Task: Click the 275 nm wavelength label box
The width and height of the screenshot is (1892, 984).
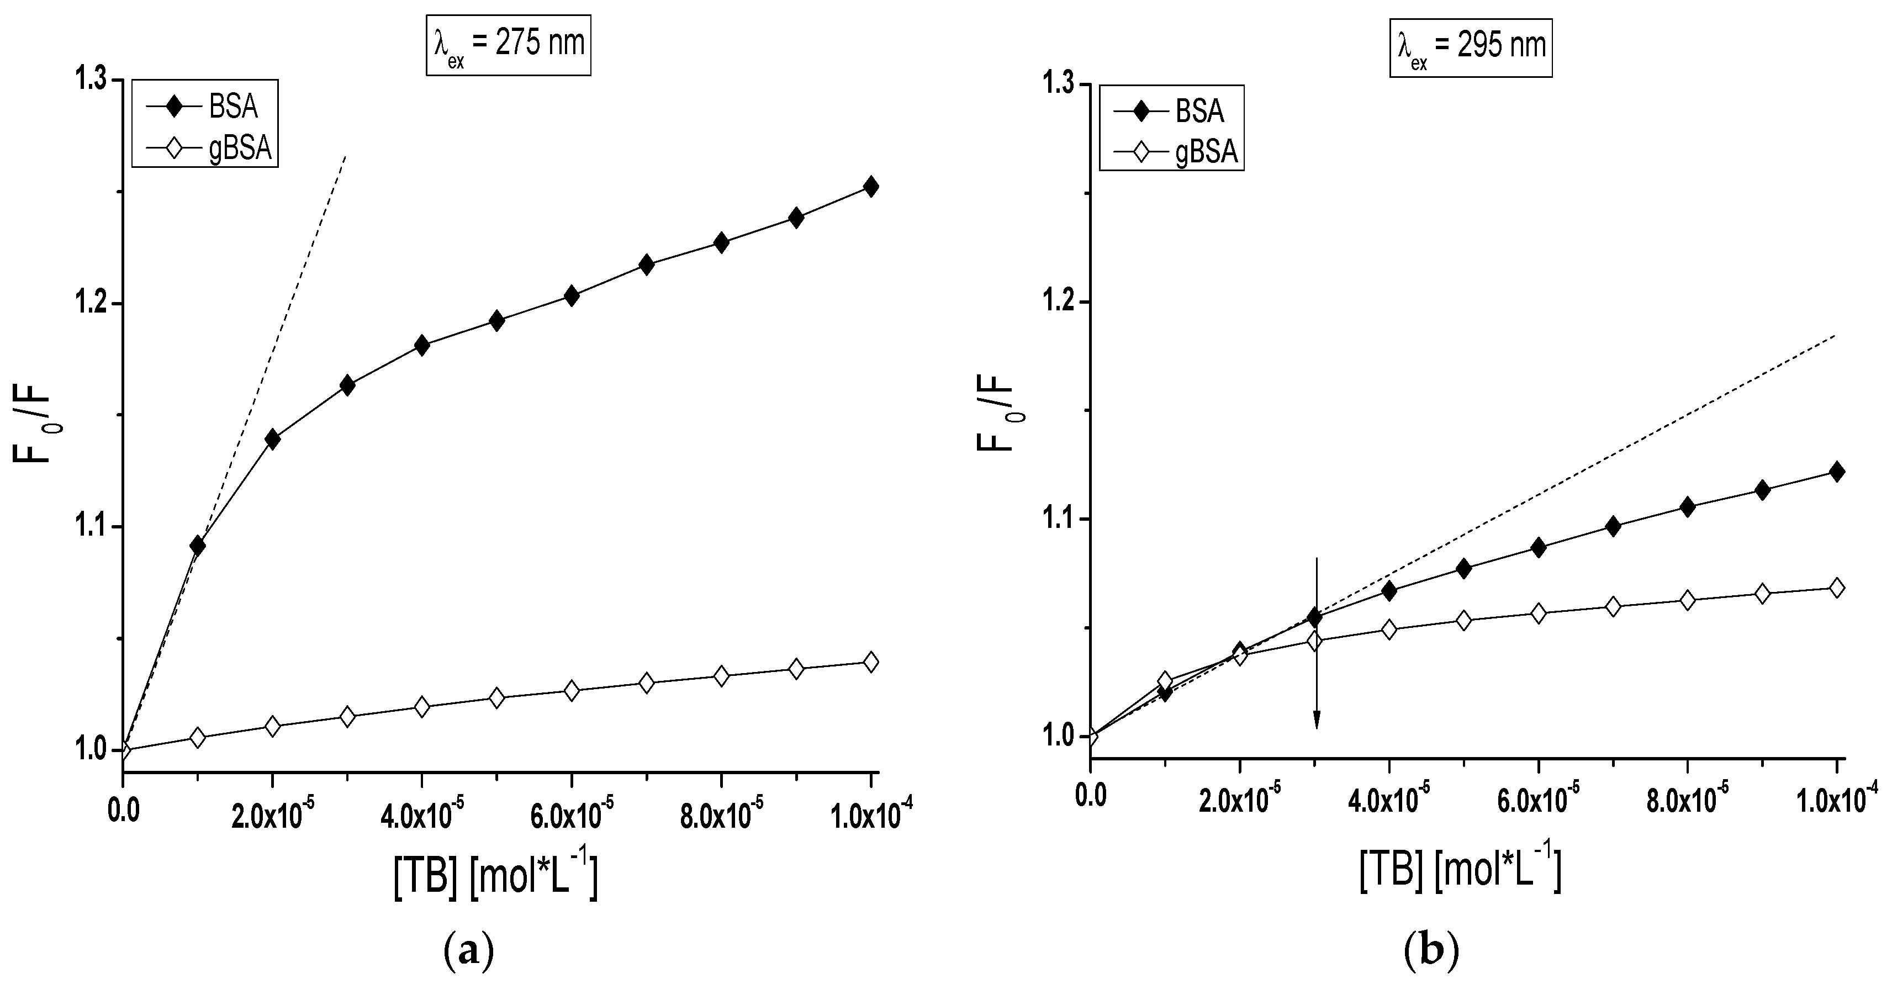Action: tap(508, 45)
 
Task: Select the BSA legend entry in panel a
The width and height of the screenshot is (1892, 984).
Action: tap(205, 107)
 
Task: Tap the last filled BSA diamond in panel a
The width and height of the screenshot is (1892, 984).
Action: tap(871, 187)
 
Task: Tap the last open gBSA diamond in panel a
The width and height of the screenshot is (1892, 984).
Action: tap(871, 662)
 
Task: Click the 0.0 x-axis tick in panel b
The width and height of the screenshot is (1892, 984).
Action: tap(1090, 796)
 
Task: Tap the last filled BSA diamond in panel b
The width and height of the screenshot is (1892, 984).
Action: tap(1837, 472)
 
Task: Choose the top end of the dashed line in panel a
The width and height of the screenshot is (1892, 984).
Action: tap(345, 156)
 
